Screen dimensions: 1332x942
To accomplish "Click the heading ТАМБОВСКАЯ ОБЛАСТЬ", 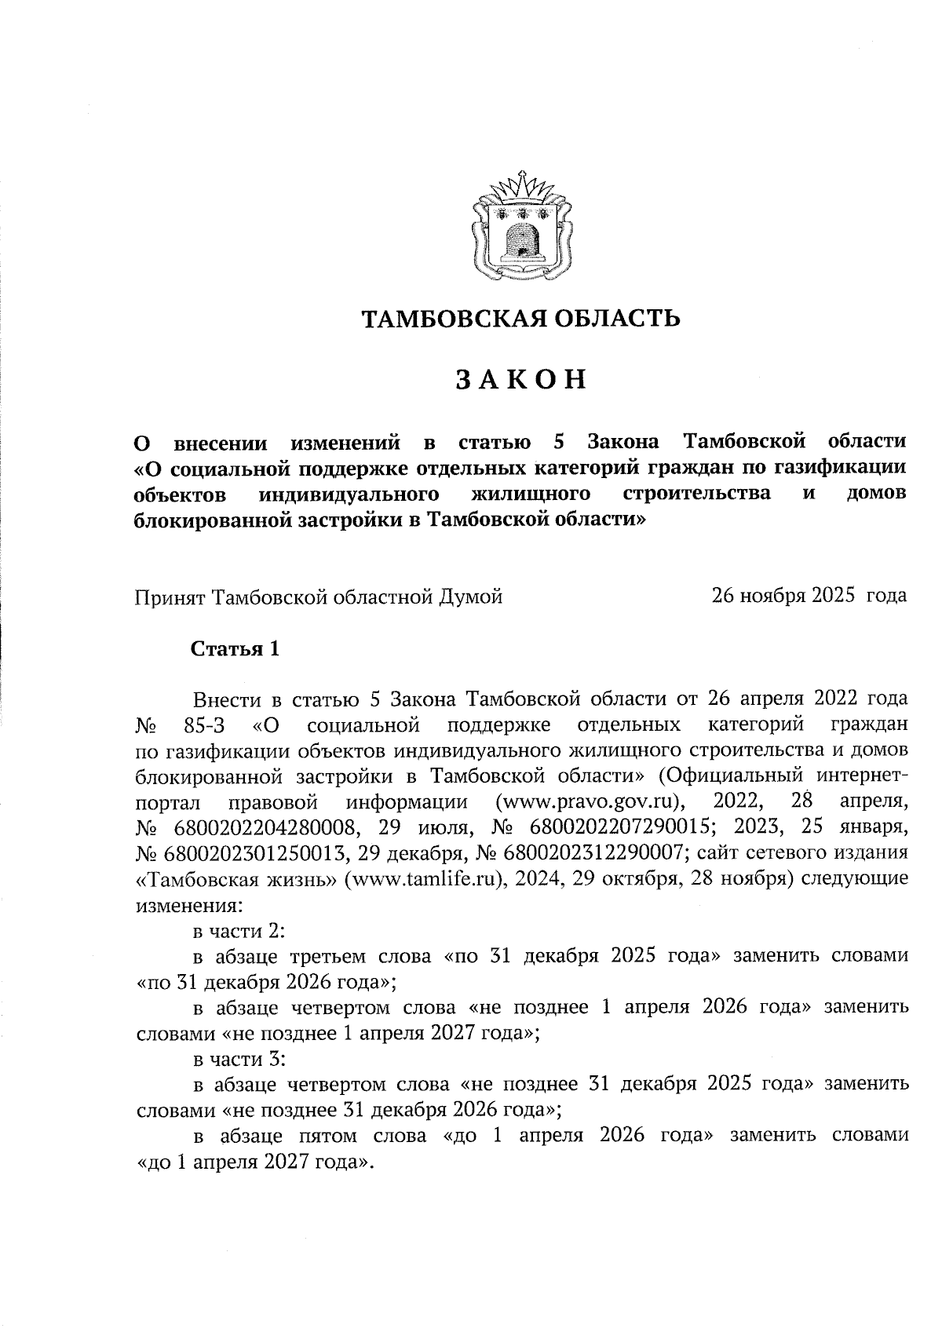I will pos(520,319).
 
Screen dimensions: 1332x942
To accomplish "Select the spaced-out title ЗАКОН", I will pos(521,380).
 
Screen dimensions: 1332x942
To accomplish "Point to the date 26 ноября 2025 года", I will pos(809,596).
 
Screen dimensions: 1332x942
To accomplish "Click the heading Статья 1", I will pos(235,649).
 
